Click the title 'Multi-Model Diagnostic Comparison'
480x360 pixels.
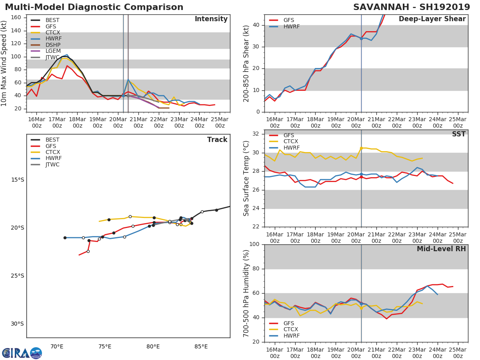[x=94, y=7]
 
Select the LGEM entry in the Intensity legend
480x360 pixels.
[x=53, y=51]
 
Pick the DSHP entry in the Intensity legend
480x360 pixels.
[x=53, y=45]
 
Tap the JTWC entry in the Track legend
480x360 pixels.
[x=52, y=164]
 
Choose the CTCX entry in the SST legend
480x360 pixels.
[x=291, y=142]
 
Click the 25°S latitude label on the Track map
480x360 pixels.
[x=18, y=276]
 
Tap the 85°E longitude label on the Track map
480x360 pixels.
[x=201, y=346]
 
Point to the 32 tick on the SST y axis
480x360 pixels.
[x=256, y=134]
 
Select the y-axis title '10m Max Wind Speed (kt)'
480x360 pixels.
[x=4, y=64]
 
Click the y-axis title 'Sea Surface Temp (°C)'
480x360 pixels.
[x=246, y=178]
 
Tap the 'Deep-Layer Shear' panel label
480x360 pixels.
[x=432, y=19]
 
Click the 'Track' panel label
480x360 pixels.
[x=217, y=140]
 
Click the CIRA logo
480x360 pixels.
[x=22, y=353]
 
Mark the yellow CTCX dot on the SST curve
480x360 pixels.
[x=361, y=148]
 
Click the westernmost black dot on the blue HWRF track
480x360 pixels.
[x=65, y=238]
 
